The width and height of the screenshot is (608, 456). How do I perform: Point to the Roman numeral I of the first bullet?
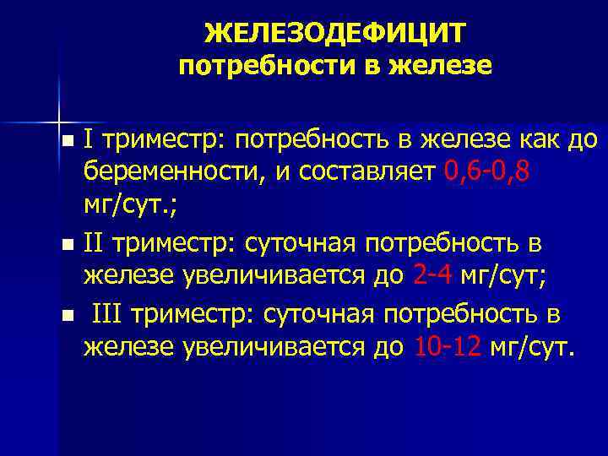88,138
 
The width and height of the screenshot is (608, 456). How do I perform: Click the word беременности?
168,174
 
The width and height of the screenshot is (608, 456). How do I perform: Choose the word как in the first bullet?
545,138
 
